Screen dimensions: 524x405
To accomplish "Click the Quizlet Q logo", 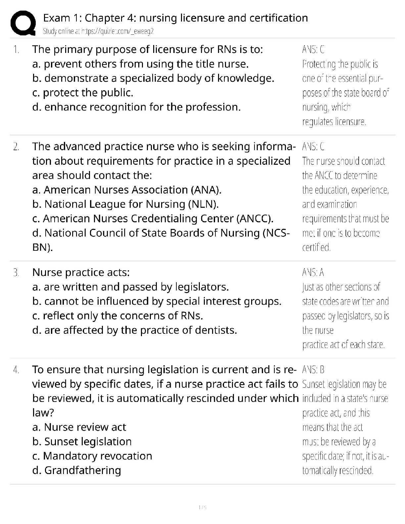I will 23,23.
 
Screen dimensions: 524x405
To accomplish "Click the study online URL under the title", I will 98,31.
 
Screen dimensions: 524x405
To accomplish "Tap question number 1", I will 16,50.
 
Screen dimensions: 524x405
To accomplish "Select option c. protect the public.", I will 83,93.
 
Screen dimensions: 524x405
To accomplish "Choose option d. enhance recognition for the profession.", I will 136,107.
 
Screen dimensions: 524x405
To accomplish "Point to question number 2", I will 16,147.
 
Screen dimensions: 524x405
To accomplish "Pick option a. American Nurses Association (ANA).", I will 127,190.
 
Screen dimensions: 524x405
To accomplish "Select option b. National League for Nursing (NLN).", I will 125,204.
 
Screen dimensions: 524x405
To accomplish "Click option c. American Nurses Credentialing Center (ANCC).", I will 153,219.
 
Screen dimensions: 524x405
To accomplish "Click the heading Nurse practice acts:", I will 81,273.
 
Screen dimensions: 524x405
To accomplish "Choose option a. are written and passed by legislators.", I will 131,287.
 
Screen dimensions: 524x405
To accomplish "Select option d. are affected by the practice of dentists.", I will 135,330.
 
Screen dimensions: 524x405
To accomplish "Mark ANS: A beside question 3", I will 313,273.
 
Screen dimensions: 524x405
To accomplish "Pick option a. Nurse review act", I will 79,427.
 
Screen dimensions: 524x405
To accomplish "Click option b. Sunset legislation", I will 82,442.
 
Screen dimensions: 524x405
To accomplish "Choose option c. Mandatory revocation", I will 92,456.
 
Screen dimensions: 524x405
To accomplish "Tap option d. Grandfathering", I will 77,470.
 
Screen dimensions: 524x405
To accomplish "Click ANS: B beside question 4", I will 313,370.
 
